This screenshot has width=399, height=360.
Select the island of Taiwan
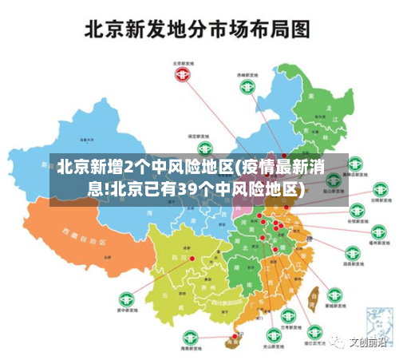[x=313, y=296]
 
